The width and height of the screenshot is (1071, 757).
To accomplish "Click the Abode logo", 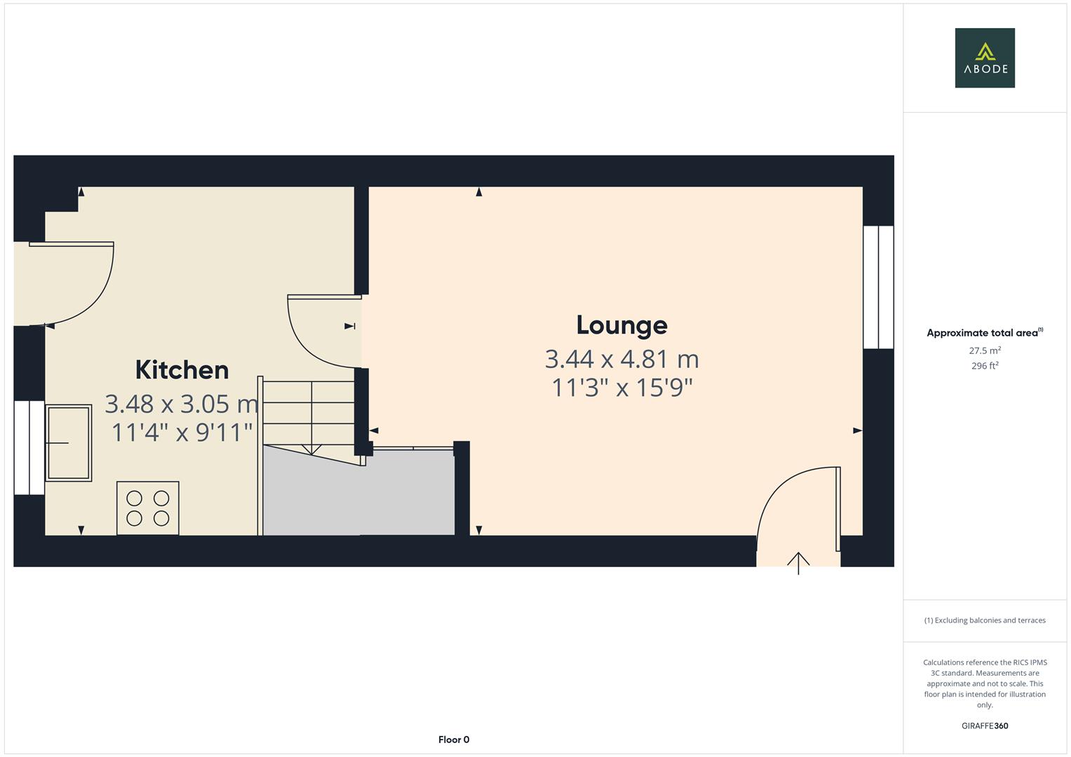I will pos(985,58).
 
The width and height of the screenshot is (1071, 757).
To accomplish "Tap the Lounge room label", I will pos(621,325).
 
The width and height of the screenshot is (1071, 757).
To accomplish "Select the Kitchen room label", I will pos(182,369).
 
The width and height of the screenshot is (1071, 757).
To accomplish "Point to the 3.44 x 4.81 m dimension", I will pos(621,360).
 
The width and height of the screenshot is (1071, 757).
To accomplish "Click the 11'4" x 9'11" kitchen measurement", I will pos(182,432).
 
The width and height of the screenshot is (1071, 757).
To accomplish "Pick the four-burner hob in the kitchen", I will pos(147,508).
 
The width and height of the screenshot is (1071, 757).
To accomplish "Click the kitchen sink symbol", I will pos(68,442).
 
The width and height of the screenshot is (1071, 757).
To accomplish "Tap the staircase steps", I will pos(309,414).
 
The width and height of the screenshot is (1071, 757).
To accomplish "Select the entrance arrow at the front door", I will pos(798,562).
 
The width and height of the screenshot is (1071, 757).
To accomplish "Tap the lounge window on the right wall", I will pos(878,287).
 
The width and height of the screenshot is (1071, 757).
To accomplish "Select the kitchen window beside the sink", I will pos(29,447).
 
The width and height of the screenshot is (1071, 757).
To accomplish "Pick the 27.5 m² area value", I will pos(985,350).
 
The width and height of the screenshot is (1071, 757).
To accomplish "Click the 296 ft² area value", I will pos(985,366).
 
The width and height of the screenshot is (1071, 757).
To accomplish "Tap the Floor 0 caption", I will pos(454,739).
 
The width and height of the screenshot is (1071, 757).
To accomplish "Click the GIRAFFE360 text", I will pos(985,726).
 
